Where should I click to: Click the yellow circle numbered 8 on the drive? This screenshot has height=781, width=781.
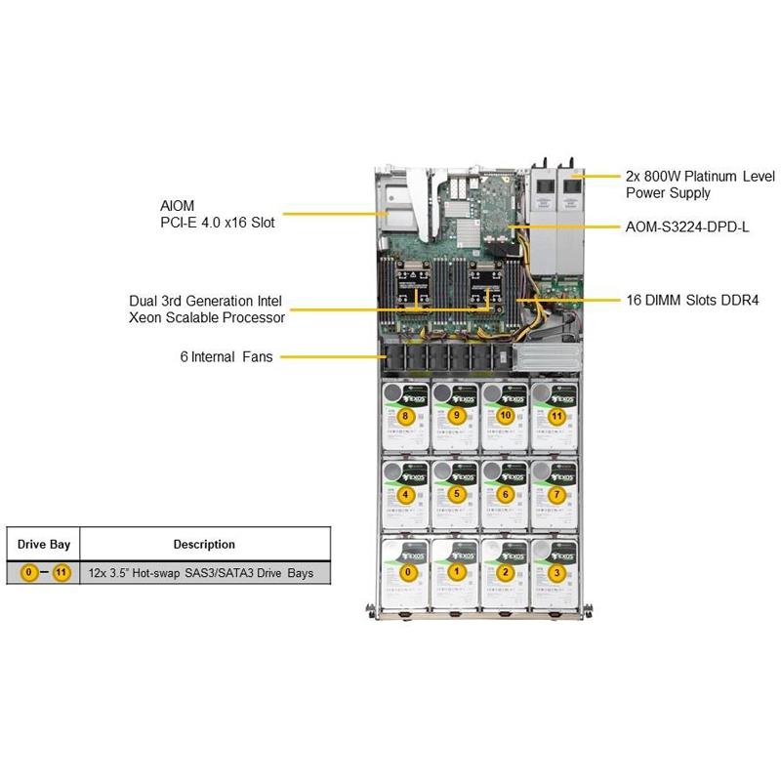pyautogui.click(x=405, y=417)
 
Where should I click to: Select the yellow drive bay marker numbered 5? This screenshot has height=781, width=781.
pyautogui.click(x=456, y=494)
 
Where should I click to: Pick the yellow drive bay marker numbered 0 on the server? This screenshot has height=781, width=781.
pyautogui.click(x=409, y=572)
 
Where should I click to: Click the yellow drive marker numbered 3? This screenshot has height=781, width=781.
pyautogui.click(x=556, y=572)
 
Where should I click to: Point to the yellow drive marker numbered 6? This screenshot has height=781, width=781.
pyautogui.click(x=505, y=494)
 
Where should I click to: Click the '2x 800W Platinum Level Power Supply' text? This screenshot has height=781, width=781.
pyautogui.click(x=699, y=185)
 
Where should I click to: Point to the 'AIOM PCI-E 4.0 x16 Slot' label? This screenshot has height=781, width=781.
pyautogui.click(x=217, y=215)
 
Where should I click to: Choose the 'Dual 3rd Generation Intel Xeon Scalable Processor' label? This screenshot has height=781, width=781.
pyautogui.click(x=207, y=309)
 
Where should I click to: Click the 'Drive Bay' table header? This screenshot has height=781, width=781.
pyautogui.click(x=43, y=544)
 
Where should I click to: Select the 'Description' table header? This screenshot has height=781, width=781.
pyautogui.click(x=204, y=544)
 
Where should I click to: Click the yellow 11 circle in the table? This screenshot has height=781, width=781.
pyautogui.click(x=61, y=572)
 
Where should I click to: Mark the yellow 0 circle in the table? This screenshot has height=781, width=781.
pyautogui.click(x=28, y=572)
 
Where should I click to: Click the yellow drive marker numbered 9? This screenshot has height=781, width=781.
pyautogui.click(x=456, y=417)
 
